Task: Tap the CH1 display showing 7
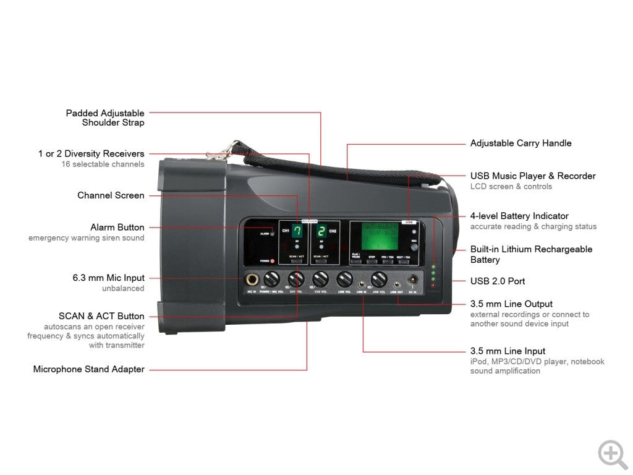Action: (297, 232)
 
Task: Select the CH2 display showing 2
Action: (321, 232)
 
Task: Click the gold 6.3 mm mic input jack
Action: (252, 280)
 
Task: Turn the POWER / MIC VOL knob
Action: (271, 280)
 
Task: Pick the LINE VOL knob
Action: (344, 280)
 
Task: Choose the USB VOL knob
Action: (378, 280)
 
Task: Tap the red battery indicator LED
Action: (433, 285)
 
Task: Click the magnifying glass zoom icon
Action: (612, 455)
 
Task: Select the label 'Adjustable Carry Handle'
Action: (520, 143)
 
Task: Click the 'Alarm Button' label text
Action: (117, 228)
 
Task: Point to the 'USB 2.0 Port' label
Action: (498, 281)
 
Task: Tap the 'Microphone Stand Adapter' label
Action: (88, 370)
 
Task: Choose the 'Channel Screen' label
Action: (111, 195)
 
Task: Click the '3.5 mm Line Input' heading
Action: (508, 351)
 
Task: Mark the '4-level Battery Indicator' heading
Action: (519, 216)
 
